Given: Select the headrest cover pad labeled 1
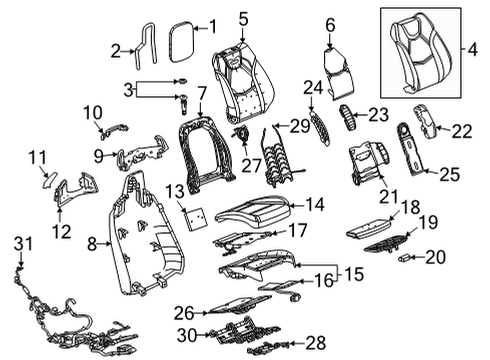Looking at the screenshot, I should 181,40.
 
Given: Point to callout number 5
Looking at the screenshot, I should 244,17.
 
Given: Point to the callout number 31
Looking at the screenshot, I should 21,243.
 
